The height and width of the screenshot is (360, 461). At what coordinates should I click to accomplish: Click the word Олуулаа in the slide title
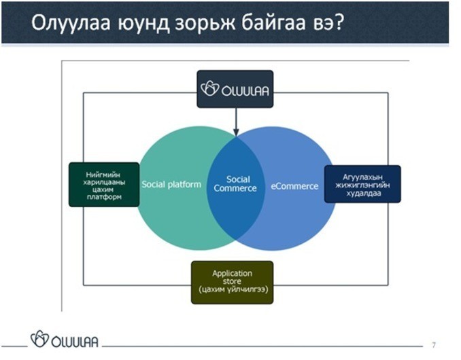71,22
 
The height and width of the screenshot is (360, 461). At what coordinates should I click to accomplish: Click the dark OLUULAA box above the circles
235,89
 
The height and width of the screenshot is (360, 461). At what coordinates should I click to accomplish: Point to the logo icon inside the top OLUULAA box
209,89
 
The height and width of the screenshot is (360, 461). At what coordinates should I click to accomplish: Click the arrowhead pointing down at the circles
236,132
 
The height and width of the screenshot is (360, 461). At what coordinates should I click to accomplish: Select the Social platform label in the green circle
171,184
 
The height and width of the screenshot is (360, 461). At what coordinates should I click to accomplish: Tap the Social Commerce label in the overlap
235,184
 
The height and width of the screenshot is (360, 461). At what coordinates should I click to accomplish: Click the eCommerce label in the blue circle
294,186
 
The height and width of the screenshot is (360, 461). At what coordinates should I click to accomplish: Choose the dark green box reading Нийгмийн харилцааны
104,185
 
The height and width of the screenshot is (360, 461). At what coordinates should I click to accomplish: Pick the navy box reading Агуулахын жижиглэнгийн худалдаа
362,184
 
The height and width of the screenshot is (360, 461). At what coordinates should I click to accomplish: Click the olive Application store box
233,283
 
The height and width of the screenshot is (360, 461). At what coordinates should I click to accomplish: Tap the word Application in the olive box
233,274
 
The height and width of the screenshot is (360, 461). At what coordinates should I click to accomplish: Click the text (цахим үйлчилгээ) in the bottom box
233,290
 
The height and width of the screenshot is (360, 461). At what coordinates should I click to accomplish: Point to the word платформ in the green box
104,197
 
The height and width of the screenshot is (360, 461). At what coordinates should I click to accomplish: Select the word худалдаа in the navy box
363,193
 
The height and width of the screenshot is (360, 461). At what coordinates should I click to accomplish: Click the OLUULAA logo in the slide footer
65,340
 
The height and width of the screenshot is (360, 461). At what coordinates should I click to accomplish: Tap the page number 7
434,345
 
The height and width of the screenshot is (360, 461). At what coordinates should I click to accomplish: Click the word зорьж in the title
205,23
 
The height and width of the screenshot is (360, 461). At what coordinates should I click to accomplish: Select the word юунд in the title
143,24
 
